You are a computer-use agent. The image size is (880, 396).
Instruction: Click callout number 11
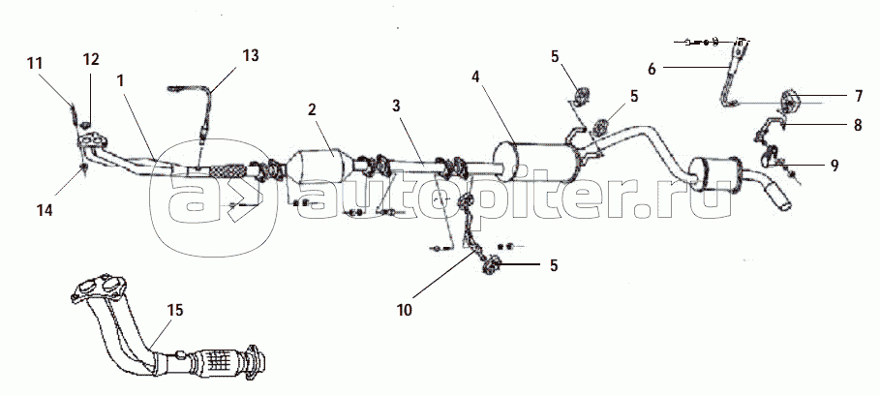pyautogui.click(x=35, y=63)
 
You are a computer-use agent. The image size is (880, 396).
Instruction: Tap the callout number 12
pyautogui.click(x=91, y=59)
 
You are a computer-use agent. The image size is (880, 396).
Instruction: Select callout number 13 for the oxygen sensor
pyautogui.click(x=251, y=55)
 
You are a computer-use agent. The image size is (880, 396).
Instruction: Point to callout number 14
pyautogui.click(x=45, y=210)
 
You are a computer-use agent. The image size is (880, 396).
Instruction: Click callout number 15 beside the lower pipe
pyautogui.click(x=175, y=310)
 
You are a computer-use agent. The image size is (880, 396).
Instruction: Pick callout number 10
pyautogui.click(x=404, y=310)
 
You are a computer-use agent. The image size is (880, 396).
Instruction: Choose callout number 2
pyautogui.click(x=312, y=109)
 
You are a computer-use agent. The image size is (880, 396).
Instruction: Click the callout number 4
pyautogui.click(x=475, y=77)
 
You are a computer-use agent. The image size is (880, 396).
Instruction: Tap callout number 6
pyautogui.click(x=652, y=70)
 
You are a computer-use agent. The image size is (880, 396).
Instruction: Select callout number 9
pyautogui.click(x=834, y=166)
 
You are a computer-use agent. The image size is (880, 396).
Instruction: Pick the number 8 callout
pyautogui.click(x=858, y=125)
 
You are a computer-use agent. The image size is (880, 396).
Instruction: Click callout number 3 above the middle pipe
pyautogui.click(x=397, y=106)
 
